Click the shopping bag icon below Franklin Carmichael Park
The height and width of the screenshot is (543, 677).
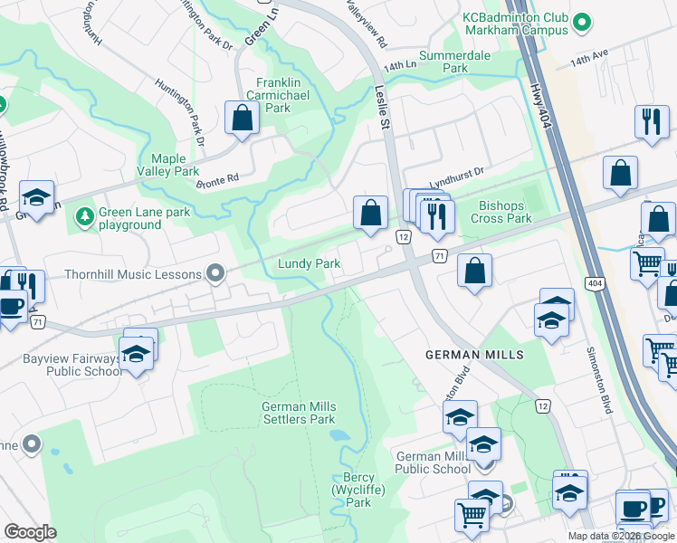click(x=243, y=118)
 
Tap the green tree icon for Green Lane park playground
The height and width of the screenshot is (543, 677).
click(x=84, y=215)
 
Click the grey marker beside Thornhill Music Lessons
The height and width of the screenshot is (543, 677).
click(x=215, y=272)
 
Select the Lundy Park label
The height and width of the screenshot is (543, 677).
click(x=309, y=264)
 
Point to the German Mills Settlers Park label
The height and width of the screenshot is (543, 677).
click(x=299, y=413)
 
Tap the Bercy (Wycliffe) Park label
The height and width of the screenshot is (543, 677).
click(x=358, y=490)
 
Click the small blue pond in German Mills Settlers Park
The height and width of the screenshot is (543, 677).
click(x=338, y=435)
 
